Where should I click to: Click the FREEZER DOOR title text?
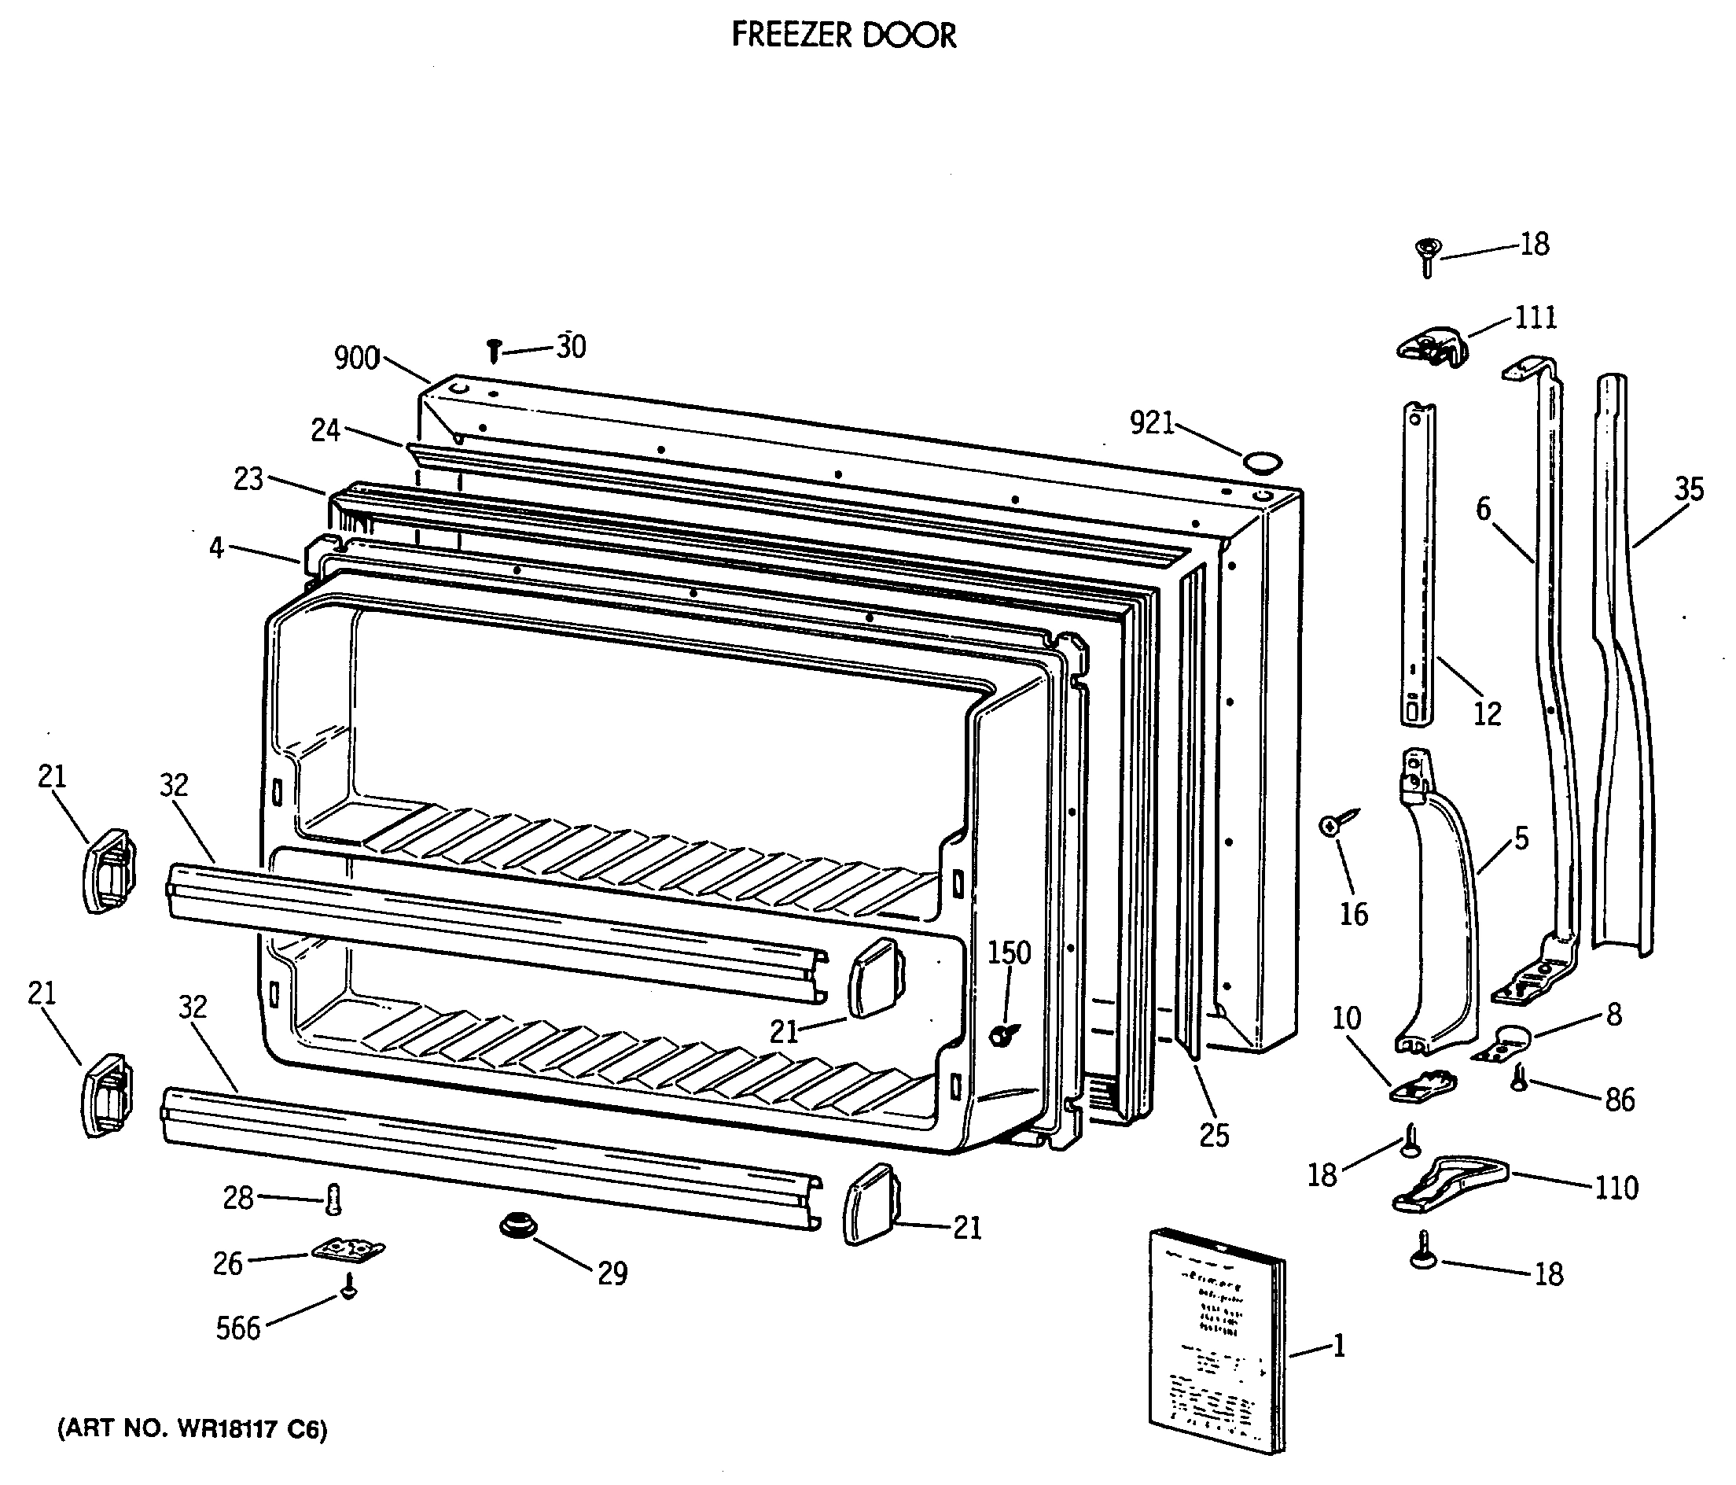pyautogui.click(x=843, y=35)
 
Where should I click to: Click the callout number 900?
pyautogui.click(x=357, y=359)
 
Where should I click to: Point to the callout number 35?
pyautogui.click(x=1689, y=489)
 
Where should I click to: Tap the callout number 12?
pyautogui.click(x=1488, y=714)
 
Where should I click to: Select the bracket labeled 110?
pyautogui.click(x=1447, y=1183)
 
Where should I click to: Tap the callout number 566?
pyautogui.click(x=238, y=1328)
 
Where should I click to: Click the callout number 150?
pyautogui.click(x=1009, y=953)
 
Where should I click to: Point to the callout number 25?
pyautogui.click(x=1214, y=1136)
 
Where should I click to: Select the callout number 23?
pyautogui.click(x=248, y=479)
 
